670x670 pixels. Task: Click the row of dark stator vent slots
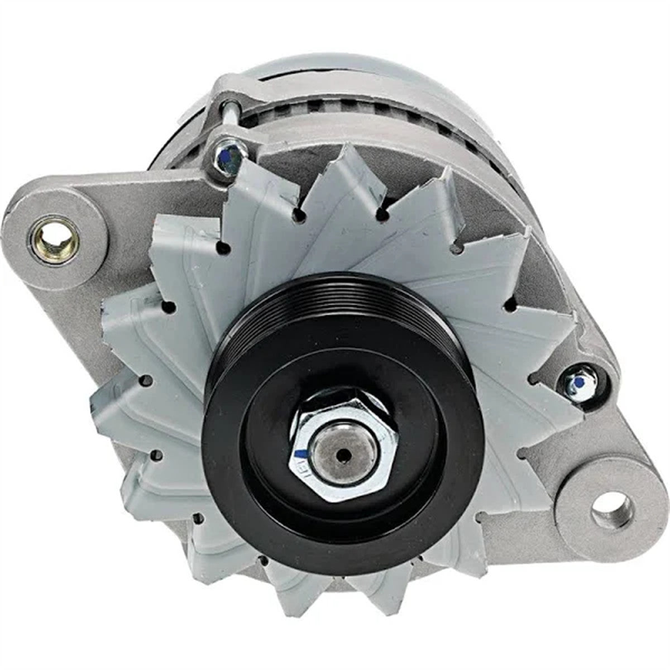(x=313, y=109)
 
